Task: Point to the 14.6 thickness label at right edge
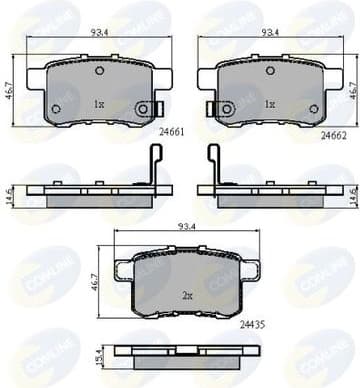[352, 194]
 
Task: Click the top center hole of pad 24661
[98, 71]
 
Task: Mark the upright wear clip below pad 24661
[154, 166]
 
